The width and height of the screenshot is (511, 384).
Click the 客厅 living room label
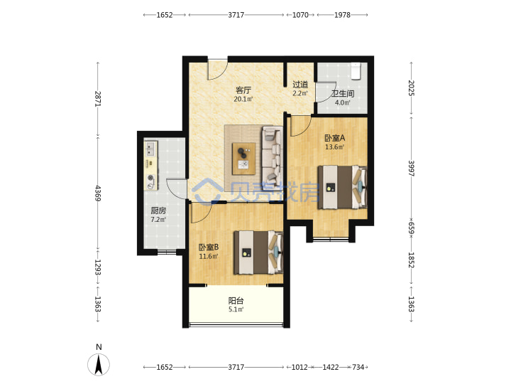pos(243,90)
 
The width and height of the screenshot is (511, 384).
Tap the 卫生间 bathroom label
pos(343,94)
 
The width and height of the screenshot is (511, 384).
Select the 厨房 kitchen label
pos(158,210)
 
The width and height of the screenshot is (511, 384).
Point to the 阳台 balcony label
pos(236,300)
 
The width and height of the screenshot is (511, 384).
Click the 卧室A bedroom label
pos(335,138)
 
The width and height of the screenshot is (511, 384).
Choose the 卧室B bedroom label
pos(209,247)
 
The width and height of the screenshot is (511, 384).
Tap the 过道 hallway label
pos(300,84)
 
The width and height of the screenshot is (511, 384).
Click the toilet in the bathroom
pos(356,71)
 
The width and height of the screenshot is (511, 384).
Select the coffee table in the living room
pos(243,159)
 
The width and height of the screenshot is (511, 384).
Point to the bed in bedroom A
pos(342,188)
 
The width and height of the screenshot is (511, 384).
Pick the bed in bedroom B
pos(258,252)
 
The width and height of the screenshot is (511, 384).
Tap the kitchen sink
pos(150,149)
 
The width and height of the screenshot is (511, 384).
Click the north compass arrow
pos(99,364)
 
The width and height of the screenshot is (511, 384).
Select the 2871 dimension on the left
pos(98,99)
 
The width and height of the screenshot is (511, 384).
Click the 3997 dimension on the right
pos(411,168)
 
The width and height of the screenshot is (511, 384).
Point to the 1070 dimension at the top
pos(300,15)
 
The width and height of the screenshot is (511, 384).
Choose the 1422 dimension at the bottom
pos(331,367)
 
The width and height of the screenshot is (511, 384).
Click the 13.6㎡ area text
pos(335,147)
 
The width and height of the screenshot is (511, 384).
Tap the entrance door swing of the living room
pos(218,70)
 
